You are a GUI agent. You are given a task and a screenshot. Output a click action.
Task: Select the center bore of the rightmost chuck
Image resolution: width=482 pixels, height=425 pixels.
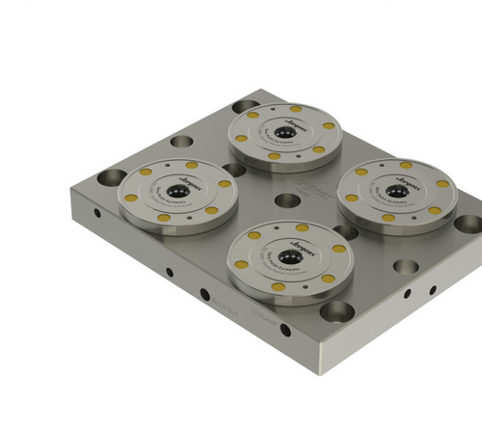pos(396,189)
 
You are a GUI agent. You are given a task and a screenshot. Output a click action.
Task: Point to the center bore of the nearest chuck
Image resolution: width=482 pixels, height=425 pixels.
pos(287,255)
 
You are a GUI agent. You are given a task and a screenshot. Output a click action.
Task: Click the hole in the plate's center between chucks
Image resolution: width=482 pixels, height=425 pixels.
pos(287,201)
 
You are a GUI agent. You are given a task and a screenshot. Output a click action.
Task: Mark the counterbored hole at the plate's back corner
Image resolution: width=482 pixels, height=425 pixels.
pos(246,105)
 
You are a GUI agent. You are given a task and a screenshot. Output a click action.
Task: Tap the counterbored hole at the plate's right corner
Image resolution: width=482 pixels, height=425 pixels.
pos(467,224)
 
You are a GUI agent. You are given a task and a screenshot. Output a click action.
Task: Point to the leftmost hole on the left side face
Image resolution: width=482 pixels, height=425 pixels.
pos(95,213)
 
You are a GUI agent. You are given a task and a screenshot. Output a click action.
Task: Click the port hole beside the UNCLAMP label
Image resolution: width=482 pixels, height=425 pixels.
pos(285,330)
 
